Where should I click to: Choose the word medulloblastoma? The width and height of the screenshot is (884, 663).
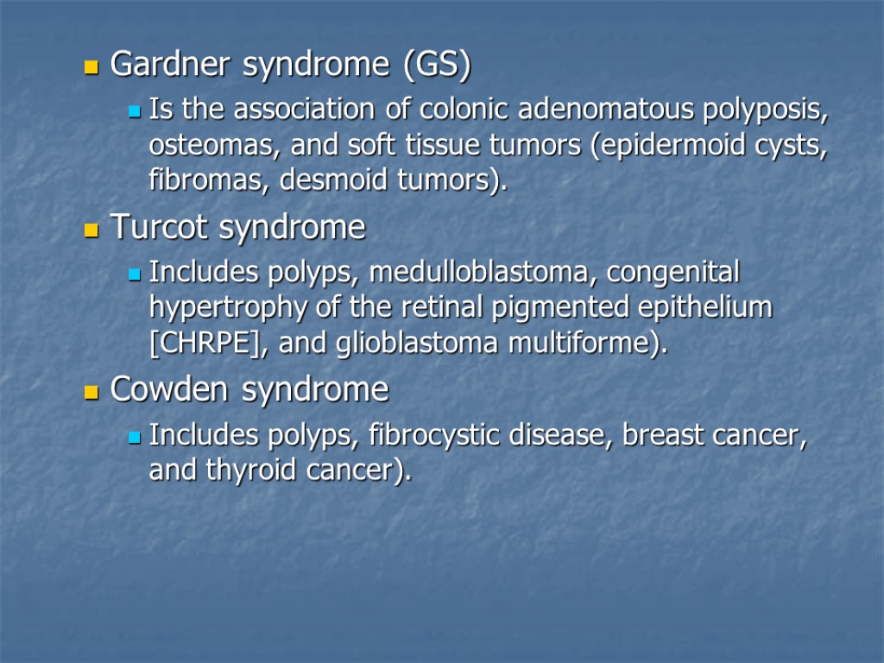(484, 273)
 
